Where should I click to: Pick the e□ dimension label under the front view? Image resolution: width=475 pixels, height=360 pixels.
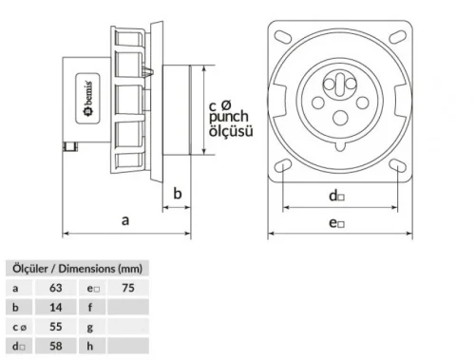(x=336, y=223)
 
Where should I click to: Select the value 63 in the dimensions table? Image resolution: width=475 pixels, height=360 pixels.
(x=55, y=287)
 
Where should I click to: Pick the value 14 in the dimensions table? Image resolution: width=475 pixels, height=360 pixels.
(x=55, y=307)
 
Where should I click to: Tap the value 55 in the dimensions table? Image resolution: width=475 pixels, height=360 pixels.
(x=55, y=327)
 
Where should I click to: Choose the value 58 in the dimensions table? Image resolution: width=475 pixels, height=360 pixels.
(x=55, y=347)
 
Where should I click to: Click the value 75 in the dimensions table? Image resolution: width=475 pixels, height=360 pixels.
(x=128, y=287)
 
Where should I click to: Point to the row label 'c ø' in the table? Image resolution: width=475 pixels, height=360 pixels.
(x=18, y=327)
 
